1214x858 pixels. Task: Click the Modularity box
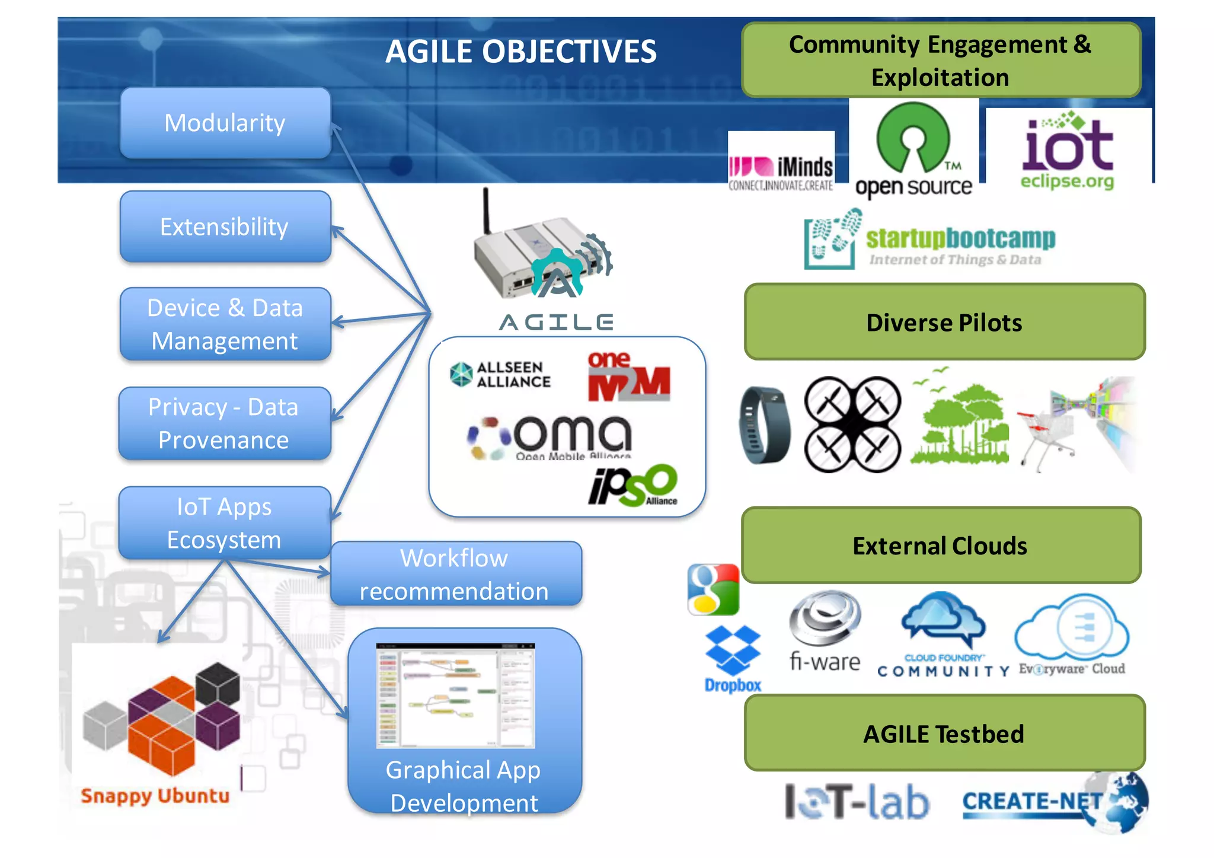point(225,123)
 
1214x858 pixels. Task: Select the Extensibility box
point(225,227)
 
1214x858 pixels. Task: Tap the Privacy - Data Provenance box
point(223,423)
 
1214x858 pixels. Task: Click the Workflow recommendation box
point(455,574)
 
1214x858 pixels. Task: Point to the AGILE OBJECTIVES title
point(520,52)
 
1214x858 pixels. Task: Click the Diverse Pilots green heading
point(944,323)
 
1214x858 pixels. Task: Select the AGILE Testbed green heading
point(944,733)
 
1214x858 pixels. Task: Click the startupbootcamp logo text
point(960,239)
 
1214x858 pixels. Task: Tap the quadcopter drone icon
point(852,425)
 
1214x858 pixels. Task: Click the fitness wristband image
point(764,425)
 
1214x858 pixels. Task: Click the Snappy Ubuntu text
point(155,796)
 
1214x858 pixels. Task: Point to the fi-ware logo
point(825,631)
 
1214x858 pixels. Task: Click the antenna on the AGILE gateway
point(486,210)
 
